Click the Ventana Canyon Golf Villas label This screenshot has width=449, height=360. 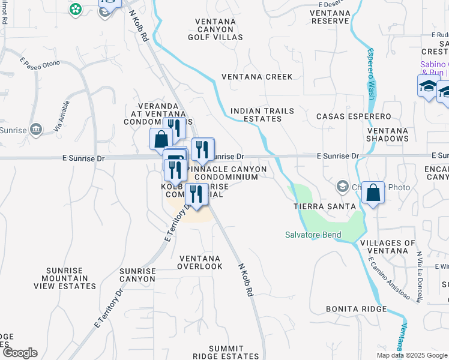tap(219, 29)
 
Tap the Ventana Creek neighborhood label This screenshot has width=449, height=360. tap(257, 77)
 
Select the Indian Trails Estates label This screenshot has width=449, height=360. tap(256, 115)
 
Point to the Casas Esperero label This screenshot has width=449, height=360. tap(354, 116)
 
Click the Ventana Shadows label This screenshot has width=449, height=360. tap(387, 134)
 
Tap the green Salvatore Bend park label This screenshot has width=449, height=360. tap(313, 235)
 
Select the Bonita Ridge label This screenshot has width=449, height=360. tap(356, 309)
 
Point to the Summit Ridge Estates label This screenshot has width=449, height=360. tap(226, 352)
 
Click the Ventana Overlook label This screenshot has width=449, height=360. tap(200, 262)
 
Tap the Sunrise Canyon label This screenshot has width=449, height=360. tap(137, 275)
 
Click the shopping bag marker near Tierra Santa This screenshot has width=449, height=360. tap(373, 193)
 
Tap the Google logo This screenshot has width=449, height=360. tap(19, 353)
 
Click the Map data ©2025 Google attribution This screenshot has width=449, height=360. tap(411, 355)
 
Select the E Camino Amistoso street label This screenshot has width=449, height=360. tap(389, 278)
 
